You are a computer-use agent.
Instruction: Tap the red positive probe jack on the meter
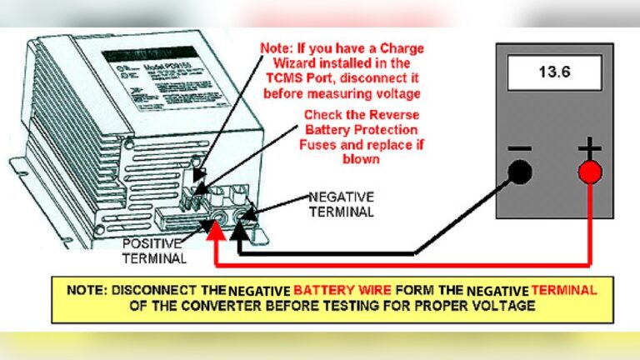pos(590,172)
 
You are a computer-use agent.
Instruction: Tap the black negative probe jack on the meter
pos(520,172)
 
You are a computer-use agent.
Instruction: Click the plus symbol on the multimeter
pos(590,148)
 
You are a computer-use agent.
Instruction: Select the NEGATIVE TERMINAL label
pos(341,203)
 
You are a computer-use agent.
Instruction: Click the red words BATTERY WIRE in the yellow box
pos(335,290)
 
